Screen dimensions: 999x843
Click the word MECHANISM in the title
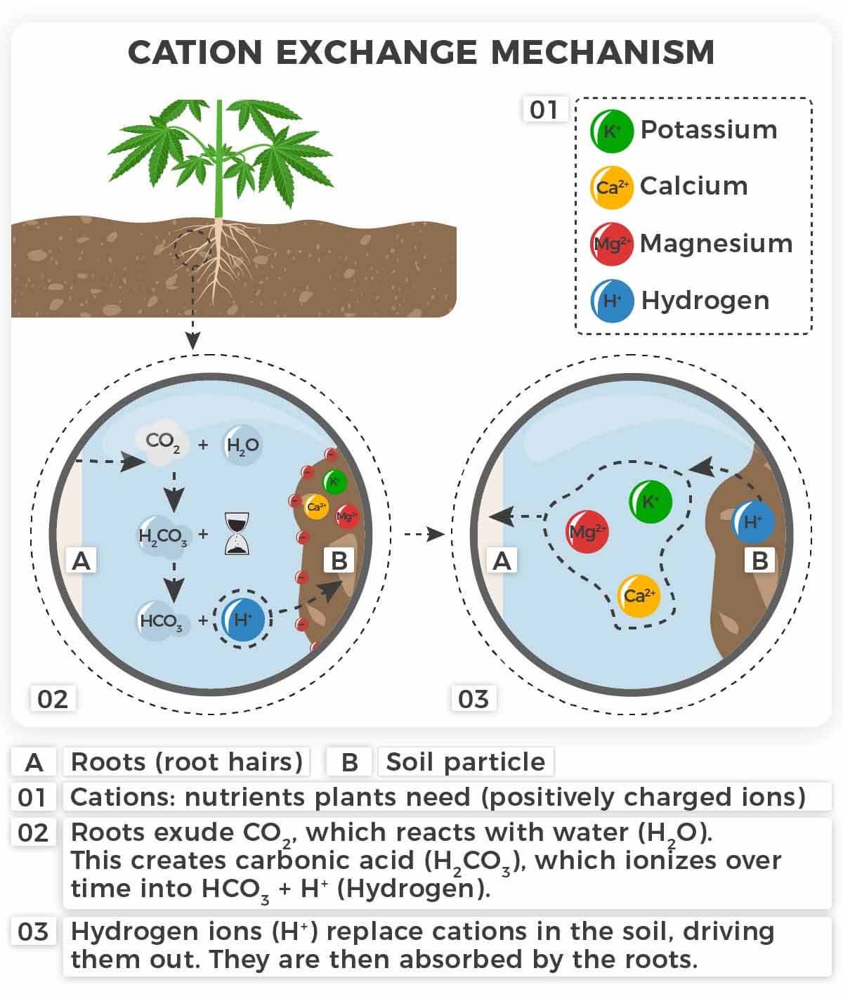click(602, 53)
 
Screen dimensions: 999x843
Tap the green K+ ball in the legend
click(611, 131)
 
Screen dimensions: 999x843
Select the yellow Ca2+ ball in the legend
click(611, 188)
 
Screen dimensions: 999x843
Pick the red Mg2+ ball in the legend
click(611, 244)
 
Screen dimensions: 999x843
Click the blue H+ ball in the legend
click(612, 301)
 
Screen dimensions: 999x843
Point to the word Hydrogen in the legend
click(705, 301)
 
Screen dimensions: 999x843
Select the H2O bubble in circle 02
click(242, 445)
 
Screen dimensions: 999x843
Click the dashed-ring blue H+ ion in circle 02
click(242, 619)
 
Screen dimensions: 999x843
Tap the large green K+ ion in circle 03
click(650, 502)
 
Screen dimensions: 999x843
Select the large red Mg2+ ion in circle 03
click(587, 532)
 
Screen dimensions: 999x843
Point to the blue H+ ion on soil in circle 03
click(752, 522)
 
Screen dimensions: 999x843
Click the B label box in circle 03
click(759, 561)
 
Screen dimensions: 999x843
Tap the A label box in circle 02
click(82, 561)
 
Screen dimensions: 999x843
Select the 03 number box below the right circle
click(473, 699)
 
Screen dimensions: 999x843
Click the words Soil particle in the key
click(465, 762)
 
